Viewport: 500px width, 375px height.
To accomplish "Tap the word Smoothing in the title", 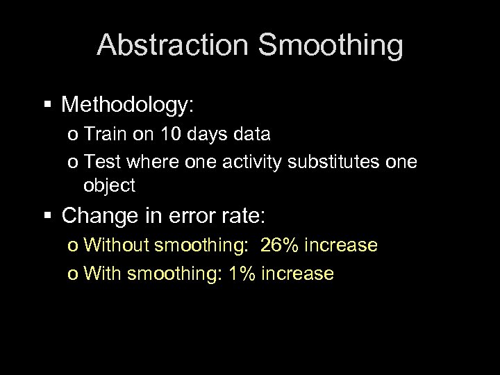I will (330, 46).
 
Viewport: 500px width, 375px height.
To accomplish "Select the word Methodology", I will (128, 105).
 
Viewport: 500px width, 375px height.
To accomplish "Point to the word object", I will (109, 186).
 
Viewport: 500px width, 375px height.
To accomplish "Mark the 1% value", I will (242, 273).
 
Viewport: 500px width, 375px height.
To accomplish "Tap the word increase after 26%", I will (341, 245).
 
